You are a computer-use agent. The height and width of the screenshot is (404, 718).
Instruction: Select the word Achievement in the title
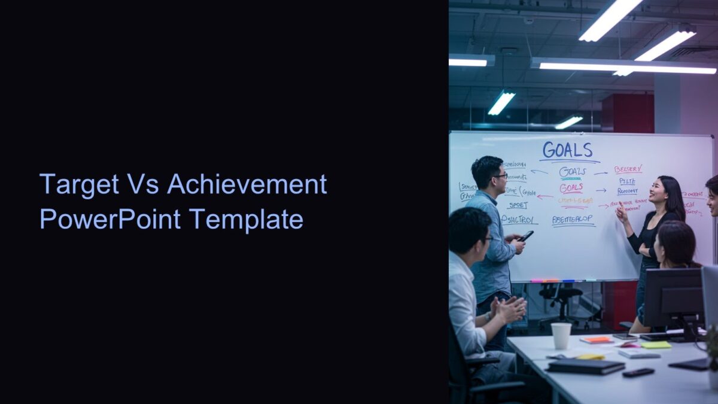pos(247,184)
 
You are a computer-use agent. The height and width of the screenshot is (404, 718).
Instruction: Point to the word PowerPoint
pos(110,219)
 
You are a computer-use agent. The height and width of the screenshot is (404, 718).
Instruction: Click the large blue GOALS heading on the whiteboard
pos(567,150)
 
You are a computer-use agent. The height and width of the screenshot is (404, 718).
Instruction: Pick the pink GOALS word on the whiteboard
pos(571,187)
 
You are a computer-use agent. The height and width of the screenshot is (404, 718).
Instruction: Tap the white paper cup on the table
pos(561,335)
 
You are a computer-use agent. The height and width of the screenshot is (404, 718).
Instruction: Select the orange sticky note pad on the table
pos(597,339)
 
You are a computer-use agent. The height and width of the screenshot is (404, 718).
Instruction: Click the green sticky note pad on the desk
pos(656,345)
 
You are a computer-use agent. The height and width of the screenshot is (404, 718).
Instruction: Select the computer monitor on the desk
pos(673,297)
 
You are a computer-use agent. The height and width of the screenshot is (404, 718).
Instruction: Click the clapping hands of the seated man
pos(510,309)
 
